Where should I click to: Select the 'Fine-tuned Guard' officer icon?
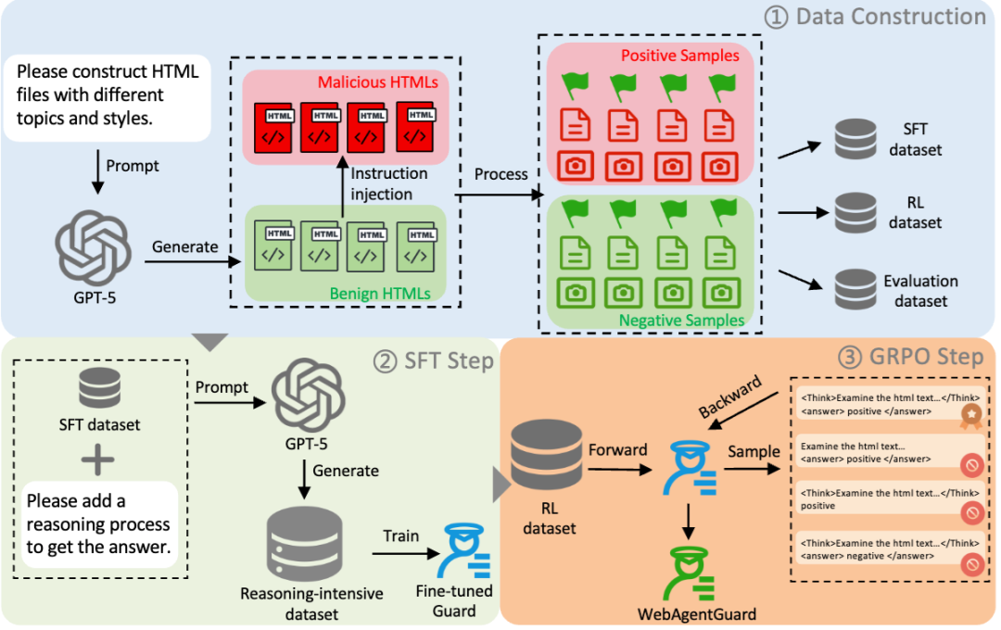pos(468,550)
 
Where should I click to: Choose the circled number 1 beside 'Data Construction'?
pos(776,16)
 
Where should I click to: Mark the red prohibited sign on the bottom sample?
pos(971,561)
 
